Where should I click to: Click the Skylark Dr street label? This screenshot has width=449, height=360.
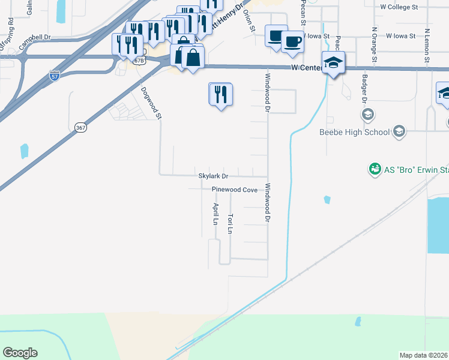pos(213,176)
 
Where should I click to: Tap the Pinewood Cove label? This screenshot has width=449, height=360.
pos(234,190)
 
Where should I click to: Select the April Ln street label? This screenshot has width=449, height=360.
pos(215,214)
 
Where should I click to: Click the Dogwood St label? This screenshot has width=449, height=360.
pos(151,102)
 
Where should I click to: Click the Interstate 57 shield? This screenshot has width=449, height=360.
pos(54,76)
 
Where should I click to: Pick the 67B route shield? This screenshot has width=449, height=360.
pos(139,61)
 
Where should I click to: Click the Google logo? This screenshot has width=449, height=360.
pos(20,353)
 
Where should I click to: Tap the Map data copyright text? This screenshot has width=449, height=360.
pos(424,355)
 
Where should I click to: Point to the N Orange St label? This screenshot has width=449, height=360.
pos(374,45)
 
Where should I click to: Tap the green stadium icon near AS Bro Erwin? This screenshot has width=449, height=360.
pos(375,170)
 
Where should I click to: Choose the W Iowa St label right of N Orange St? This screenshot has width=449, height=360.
pos(400,36)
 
